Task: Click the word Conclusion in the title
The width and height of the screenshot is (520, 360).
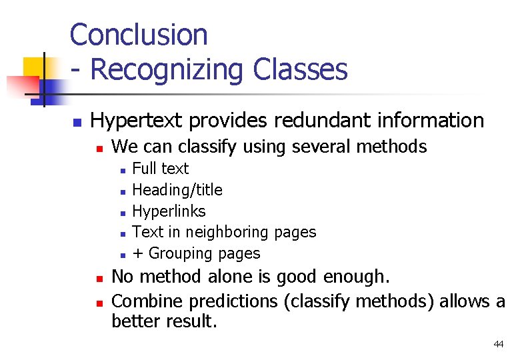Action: [139, 35]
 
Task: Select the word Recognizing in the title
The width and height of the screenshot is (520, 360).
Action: [168, 69]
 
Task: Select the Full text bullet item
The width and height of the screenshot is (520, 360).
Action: [161, 169]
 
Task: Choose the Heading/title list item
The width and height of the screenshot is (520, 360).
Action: [177, 190]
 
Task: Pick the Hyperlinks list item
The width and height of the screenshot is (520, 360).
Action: [169, 211]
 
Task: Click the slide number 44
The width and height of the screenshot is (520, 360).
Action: [498, 344]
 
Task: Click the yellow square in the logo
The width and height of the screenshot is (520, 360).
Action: [35, 67]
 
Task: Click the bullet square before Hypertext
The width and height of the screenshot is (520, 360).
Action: [77, 123]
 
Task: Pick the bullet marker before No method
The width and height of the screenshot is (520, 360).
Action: [98, 278]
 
